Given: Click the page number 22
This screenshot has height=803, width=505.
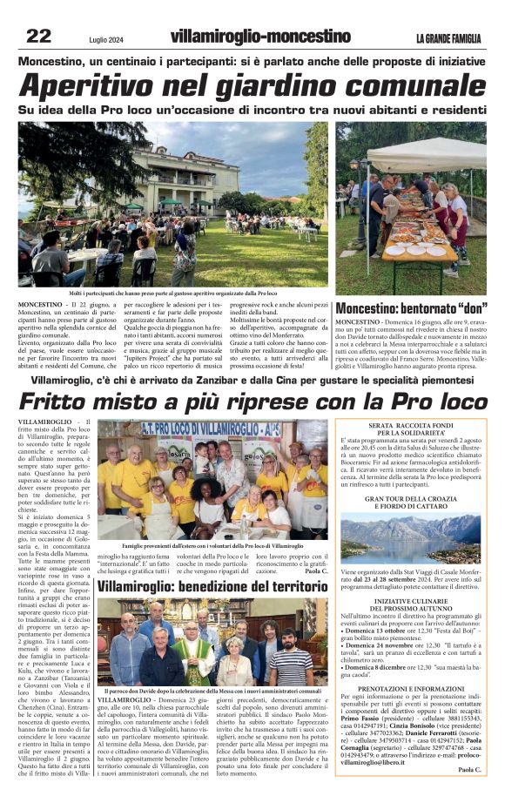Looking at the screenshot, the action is pos(38,36).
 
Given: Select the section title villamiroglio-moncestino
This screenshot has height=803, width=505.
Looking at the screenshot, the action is pos(260,37).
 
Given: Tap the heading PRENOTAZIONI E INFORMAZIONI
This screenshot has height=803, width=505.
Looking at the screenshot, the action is pos(410,687).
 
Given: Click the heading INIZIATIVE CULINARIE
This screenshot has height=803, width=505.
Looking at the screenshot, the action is pos(410,601).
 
